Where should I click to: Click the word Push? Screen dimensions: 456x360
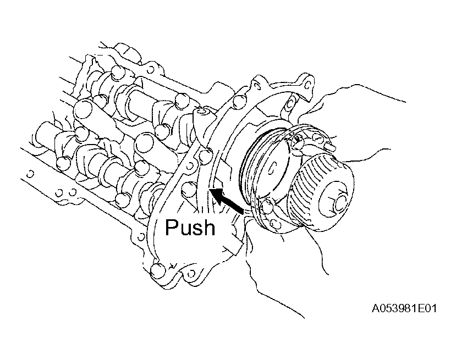[x=190, y=227]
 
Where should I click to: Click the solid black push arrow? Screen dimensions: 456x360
[x=226, y=200]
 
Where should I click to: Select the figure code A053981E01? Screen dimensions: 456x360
[x=404, y=308]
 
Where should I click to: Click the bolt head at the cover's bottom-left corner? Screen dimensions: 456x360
[x=158, y=270]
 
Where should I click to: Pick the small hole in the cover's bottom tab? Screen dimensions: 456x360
[x=191, y=273]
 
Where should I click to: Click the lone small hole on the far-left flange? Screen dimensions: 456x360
[x=30, y=174]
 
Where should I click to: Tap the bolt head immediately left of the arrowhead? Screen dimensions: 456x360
[x=189, y=189]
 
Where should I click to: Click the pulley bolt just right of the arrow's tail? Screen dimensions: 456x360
[x=267, y=207]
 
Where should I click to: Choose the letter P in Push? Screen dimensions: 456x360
[x=172, y=227]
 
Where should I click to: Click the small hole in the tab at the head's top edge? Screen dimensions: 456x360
[x=151, y=70]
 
